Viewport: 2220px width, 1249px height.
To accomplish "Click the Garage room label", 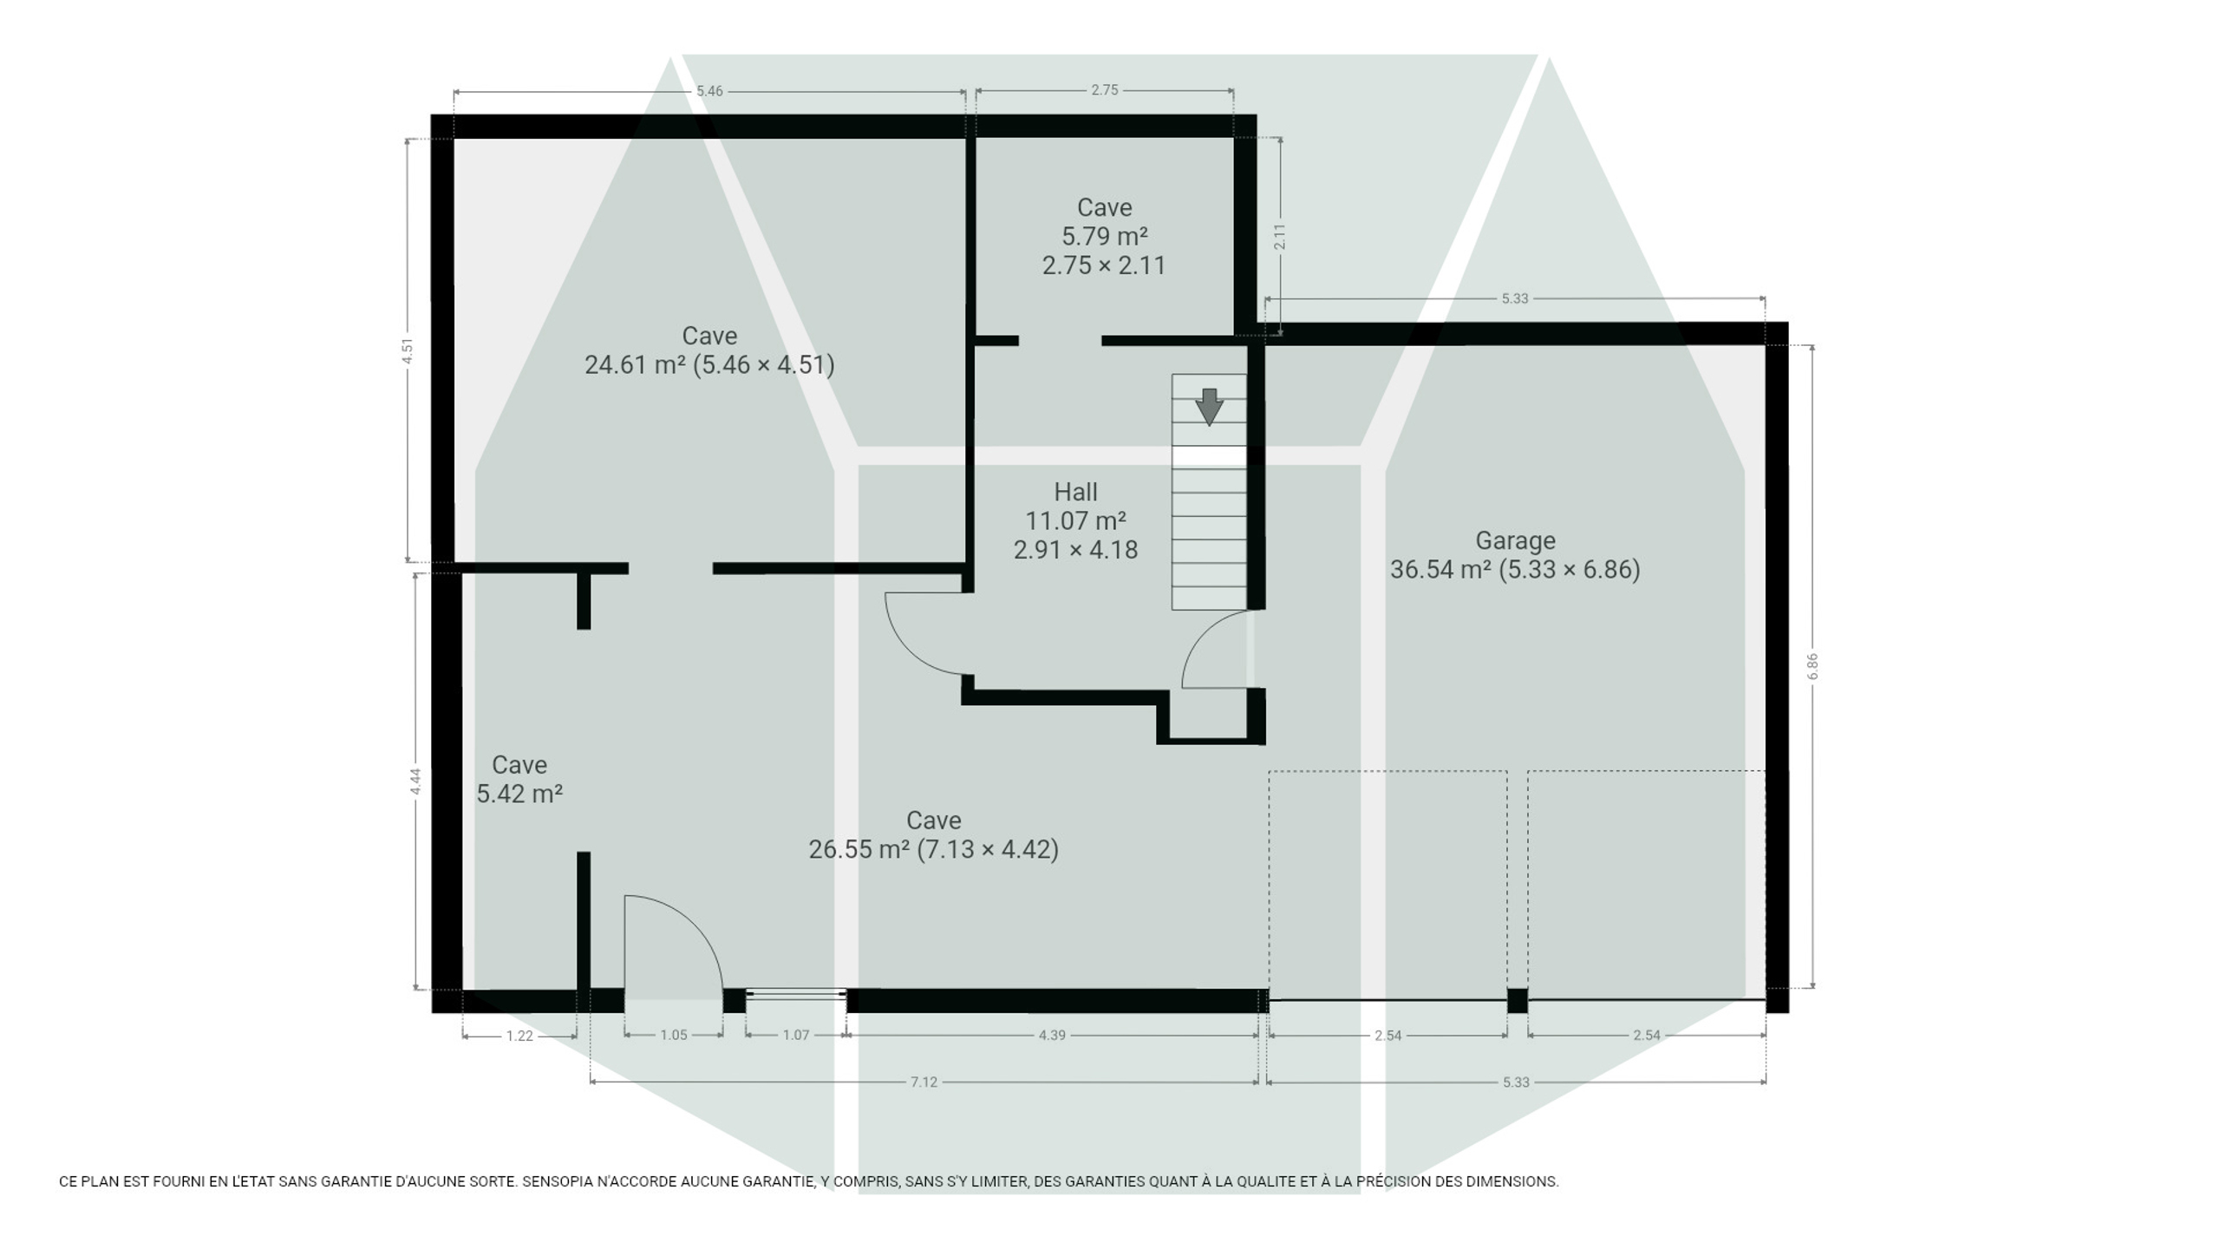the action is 1515,555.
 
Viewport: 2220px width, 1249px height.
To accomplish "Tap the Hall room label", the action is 1075,520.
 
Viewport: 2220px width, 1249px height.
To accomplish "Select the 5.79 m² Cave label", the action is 1104,236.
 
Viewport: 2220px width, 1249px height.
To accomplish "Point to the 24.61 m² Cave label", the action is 709,350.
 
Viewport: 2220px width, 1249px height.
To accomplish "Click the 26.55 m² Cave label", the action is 933,834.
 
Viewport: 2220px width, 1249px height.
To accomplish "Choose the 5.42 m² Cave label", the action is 519,779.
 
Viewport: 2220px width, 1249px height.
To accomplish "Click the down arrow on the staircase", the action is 1209,407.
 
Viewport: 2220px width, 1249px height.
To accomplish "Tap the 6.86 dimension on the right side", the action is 1812,666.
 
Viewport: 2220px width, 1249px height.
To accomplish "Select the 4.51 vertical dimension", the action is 408,350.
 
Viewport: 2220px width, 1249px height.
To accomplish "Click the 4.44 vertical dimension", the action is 415,781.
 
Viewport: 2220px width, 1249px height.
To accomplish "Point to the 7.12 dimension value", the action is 924,1082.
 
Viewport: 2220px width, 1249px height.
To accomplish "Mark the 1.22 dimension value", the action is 519,1036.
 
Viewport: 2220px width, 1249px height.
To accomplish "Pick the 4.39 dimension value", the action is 1052,1035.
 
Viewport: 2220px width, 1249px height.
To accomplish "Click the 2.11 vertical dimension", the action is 1280,237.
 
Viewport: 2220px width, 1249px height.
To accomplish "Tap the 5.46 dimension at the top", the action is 709,90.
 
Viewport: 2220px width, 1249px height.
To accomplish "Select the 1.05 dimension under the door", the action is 674,1035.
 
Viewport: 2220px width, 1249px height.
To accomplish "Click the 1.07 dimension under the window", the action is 796,1035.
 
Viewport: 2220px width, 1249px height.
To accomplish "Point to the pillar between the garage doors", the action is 1518,1001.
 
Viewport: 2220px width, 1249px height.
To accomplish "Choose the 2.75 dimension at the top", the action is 1105,89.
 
